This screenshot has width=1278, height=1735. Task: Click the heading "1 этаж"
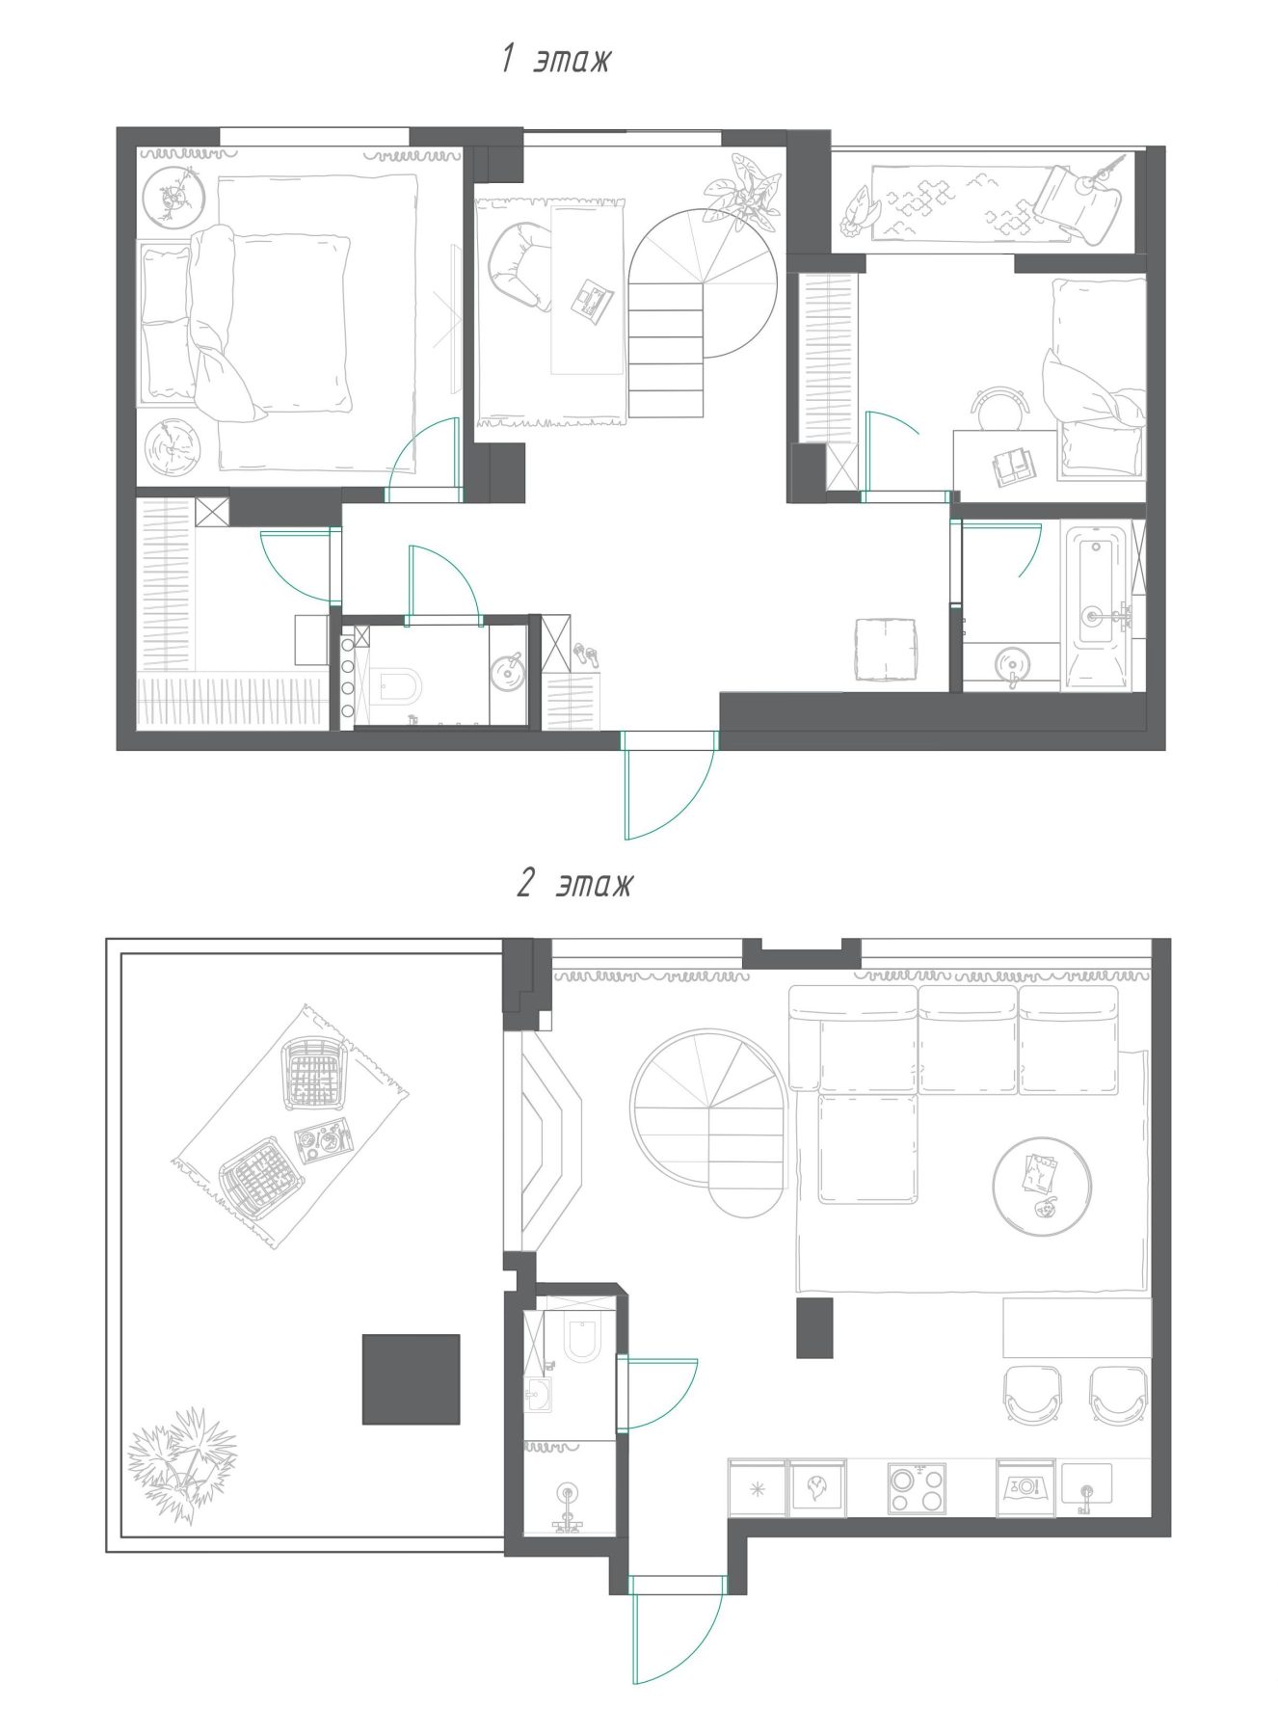pyautogui.click(x=556, y=60)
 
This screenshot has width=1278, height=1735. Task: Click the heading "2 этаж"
pyautogui.click(x=574, y=883)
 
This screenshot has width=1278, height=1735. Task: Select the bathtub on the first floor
pyautogui.click(x=1096, y=605)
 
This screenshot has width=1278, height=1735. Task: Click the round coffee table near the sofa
pyautogui.click(x=1042, y=1187)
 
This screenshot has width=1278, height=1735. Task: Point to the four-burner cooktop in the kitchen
pyautogui.click(x=916, y=1489)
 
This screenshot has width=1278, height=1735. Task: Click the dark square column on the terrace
pyautogui.click(x=411, y=1378)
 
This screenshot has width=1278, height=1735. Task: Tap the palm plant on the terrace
pyautogui.click(x=183, y=1463)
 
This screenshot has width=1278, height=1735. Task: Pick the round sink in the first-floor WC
pyautogui.click(x=507, y=671)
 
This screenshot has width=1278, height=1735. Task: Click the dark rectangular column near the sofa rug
pyautogui.click(x=814, y=1327)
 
